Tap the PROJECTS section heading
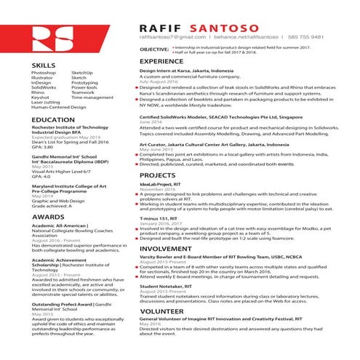[x=158, y=176]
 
